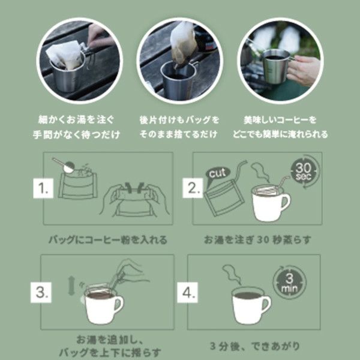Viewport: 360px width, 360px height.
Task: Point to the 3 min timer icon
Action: click(x=287, y=280)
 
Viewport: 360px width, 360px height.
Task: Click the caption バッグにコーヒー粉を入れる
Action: click(x=107, y=240)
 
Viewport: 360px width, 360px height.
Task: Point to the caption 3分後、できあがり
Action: click(x=256, y=346)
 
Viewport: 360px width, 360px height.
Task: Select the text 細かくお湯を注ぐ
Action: click(x=84, y=120)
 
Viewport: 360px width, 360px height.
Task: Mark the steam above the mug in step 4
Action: click(x=232, y=275)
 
